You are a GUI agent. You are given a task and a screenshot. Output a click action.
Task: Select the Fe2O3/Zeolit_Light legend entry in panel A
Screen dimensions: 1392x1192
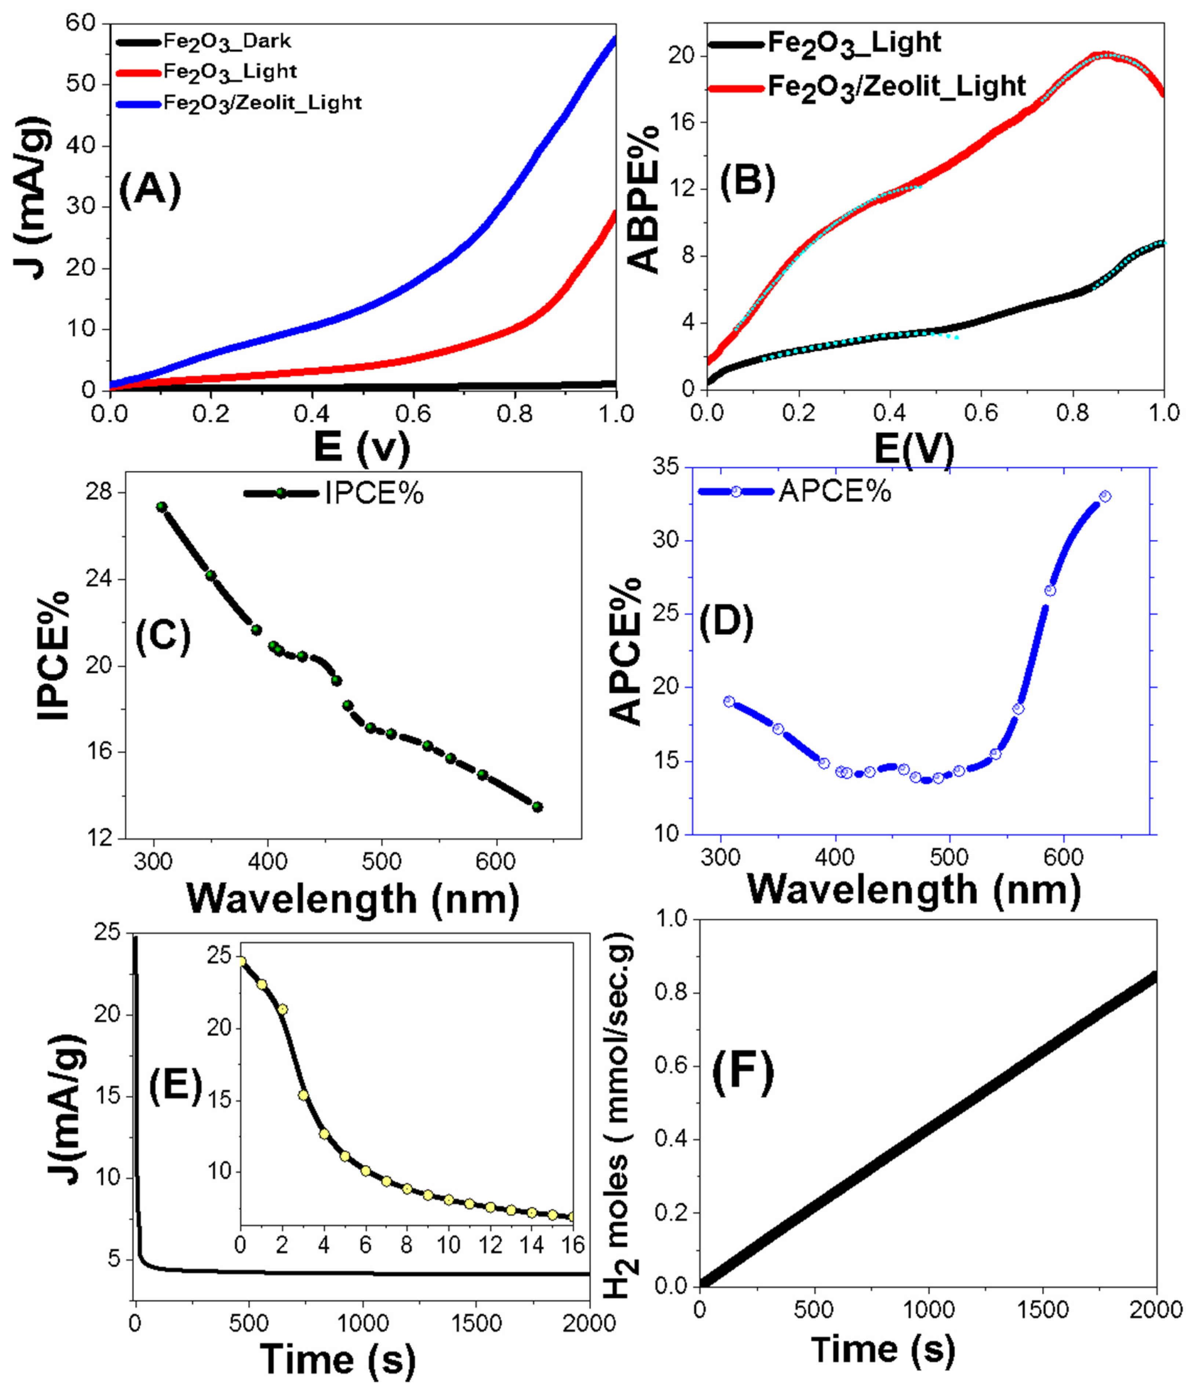point(262,103)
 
